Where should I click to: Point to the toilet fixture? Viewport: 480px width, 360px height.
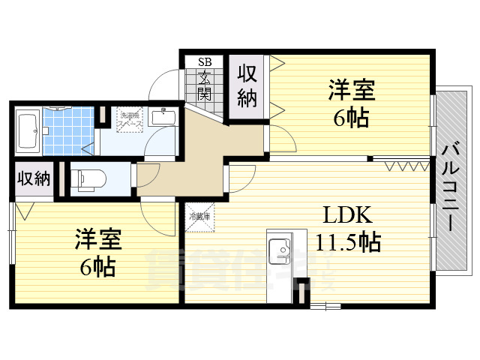point(88,178)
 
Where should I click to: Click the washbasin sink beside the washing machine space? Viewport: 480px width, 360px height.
point(162,117)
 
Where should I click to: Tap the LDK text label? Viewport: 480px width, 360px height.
point(347,216)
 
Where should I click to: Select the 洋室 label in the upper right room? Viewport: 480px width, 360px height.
point(351,91)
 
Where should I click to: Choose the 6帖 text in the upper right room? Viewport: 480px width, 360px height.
point(351,117)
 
